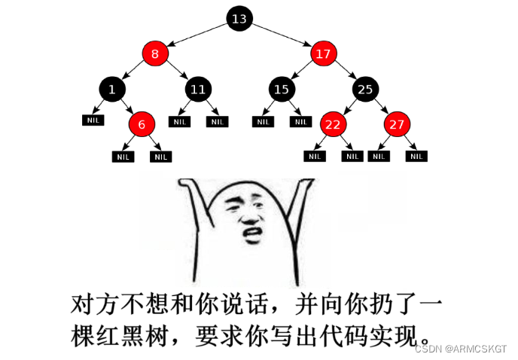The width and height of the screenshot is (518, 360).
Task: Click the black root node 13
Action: (x=239, y=19)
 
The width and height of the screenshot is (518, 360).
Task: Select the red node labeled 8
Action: (x=155, y=53)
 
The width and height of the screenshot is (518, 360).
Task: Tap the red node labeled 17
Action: (x=322, y=53)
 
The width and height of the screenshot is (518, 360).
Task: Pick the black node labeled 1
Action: (x=111, y=90)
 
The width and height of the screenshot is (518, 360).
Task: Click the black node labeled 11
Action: (x=197, y=90)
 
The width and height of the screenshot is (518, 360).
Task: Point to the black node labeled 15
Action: (x=281, y=90)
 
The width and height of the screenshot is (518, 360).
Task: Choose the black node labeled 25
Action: (x=365, y=90)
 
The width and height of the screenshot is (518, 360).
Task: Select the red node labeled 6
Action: (x=141, y=124)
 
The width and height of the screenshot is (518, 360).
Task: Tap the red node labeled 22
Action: (x=332, y=124)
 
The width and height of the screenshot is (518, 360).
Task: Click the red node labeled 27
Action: (x=397, y=124)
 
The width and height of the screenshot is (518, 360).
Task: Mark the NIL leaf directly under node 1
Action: (x=93, y=121)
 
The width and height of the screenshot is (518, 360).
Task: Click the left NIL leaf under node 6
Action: (x=123, y=157)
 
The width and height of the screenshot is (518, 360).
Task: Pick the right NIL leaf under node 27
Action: (x=416, y=156)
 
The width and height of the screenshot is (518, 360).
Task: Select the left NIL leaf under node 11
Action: (x=178, y=121)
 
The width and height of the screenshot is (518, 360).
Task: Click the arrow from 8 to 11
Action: (x=177, y=72)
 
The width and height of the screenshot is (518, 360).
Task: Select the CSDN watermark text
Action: (x=461, y=349)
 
